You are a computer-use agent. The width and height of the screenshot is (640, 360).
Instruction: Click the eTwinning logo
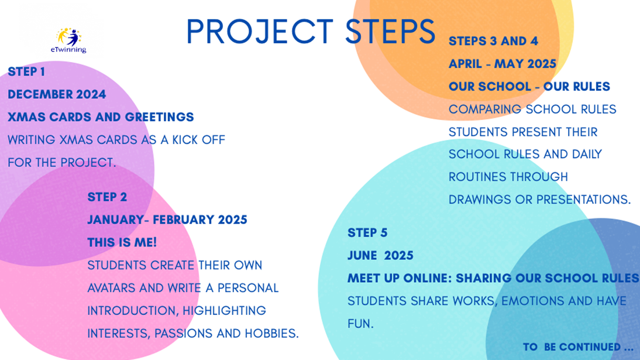(x=68, y=40)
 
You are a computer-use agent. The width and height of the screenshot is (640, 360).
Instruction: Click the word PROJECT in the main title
(x=260, y=32)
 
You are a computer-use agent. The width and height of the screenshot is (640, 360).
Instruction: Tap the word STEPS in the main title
(x=391, y=32)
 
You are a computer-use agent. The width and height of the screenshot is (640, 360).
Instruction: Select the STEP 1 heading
(x=26, y=72)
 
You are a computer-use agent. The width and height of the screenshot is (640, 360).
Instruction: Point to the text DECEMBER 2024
(x=57, y=94)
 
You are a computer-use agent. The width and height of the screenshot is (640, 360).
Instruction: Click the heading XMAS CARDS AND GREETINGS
(x=101, y=117)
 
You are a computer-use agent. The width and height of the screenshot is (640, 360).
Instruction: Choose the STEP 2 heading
(x=107, y=197)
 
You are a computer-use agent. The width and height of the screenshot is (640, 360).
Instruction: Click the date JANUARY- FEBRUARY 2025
(x=167, y=220)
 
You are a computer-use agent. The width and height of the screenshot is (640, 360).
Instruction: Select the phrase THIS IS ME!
(x=122, y=243)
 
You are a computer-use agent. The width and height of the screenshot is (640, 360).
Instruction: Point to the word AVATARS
(x=111, y=288)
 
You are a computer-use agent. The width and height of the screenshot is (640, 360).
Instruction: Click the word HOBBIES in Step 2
(x=271, y=334)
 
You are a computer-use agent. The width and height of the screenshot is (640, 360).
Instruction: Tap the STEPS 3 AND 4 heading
(x=493, y=42)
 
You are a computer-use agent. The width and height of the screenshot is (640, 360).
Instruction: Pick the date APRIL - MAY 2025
(x=503, y=64)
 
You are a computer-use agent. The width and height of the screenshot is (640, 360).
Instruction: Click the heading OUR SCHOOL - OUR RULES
(x=529, y=87)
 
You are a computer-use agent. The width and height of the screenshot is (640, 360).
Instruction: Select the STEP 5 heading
(x=367, y=233)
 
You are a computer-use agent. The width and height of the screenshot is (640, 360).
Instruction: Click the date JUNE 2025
(x=380, y=256)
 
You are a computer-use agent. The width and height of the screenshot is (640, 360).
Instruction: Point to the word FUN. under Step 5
(x=360, y=324)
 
